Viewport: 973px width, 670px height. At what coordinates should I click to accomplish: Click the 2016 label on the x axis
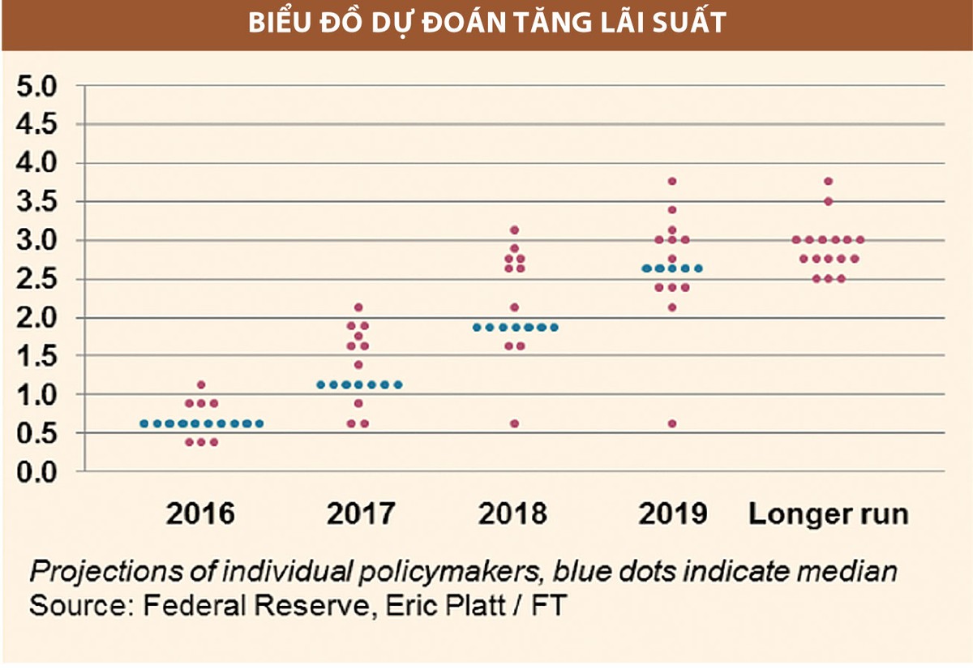coord(200,514)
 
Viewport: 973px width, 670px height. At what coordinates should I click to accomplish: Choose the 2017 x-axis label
coord(360,514)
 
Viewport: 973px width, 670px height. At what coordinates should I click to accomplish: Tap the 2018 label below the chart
coord(513,514)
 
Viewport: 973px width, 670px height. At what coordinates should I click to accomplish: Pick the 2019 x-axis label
coord(672,514)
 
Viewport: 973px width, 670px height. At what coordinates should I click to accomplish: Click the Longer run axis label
coord(828,514)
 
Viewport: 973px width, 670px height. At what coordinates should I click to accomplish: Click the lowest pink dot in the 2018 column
coord(514,423)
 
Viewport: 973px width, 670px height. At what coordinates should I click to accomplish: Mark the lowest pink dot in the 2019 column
coord(672,423)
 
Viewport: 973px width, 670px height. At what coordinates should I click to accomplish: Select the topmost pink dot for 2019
coord(672,181)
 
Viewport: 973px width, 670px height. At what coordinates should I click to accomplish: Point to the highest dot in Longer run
coord(828,181)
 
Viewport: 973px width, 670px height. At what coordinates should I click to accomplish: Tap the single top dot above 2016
coord(201,384)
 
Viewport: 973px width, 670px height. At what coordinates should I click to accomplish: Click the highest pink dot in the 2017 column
coord(358,307)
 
